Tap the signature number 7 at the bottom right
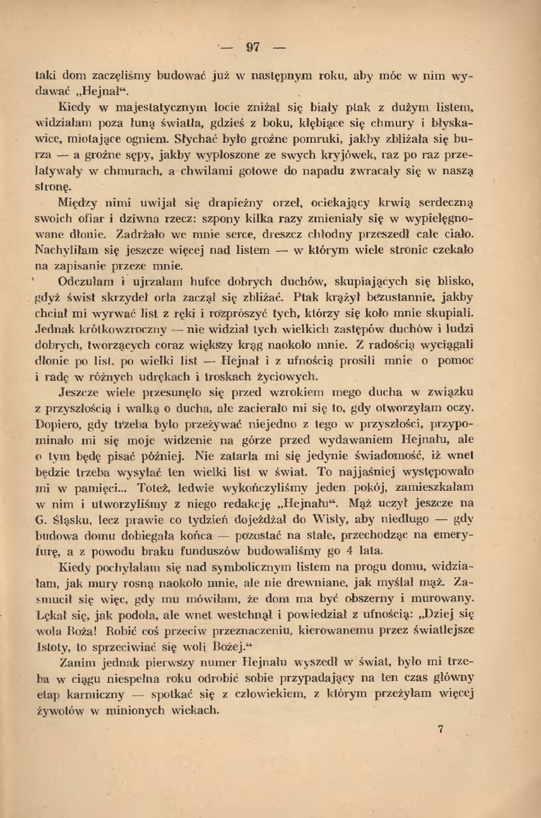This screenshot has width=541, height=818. coord(441,729)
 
